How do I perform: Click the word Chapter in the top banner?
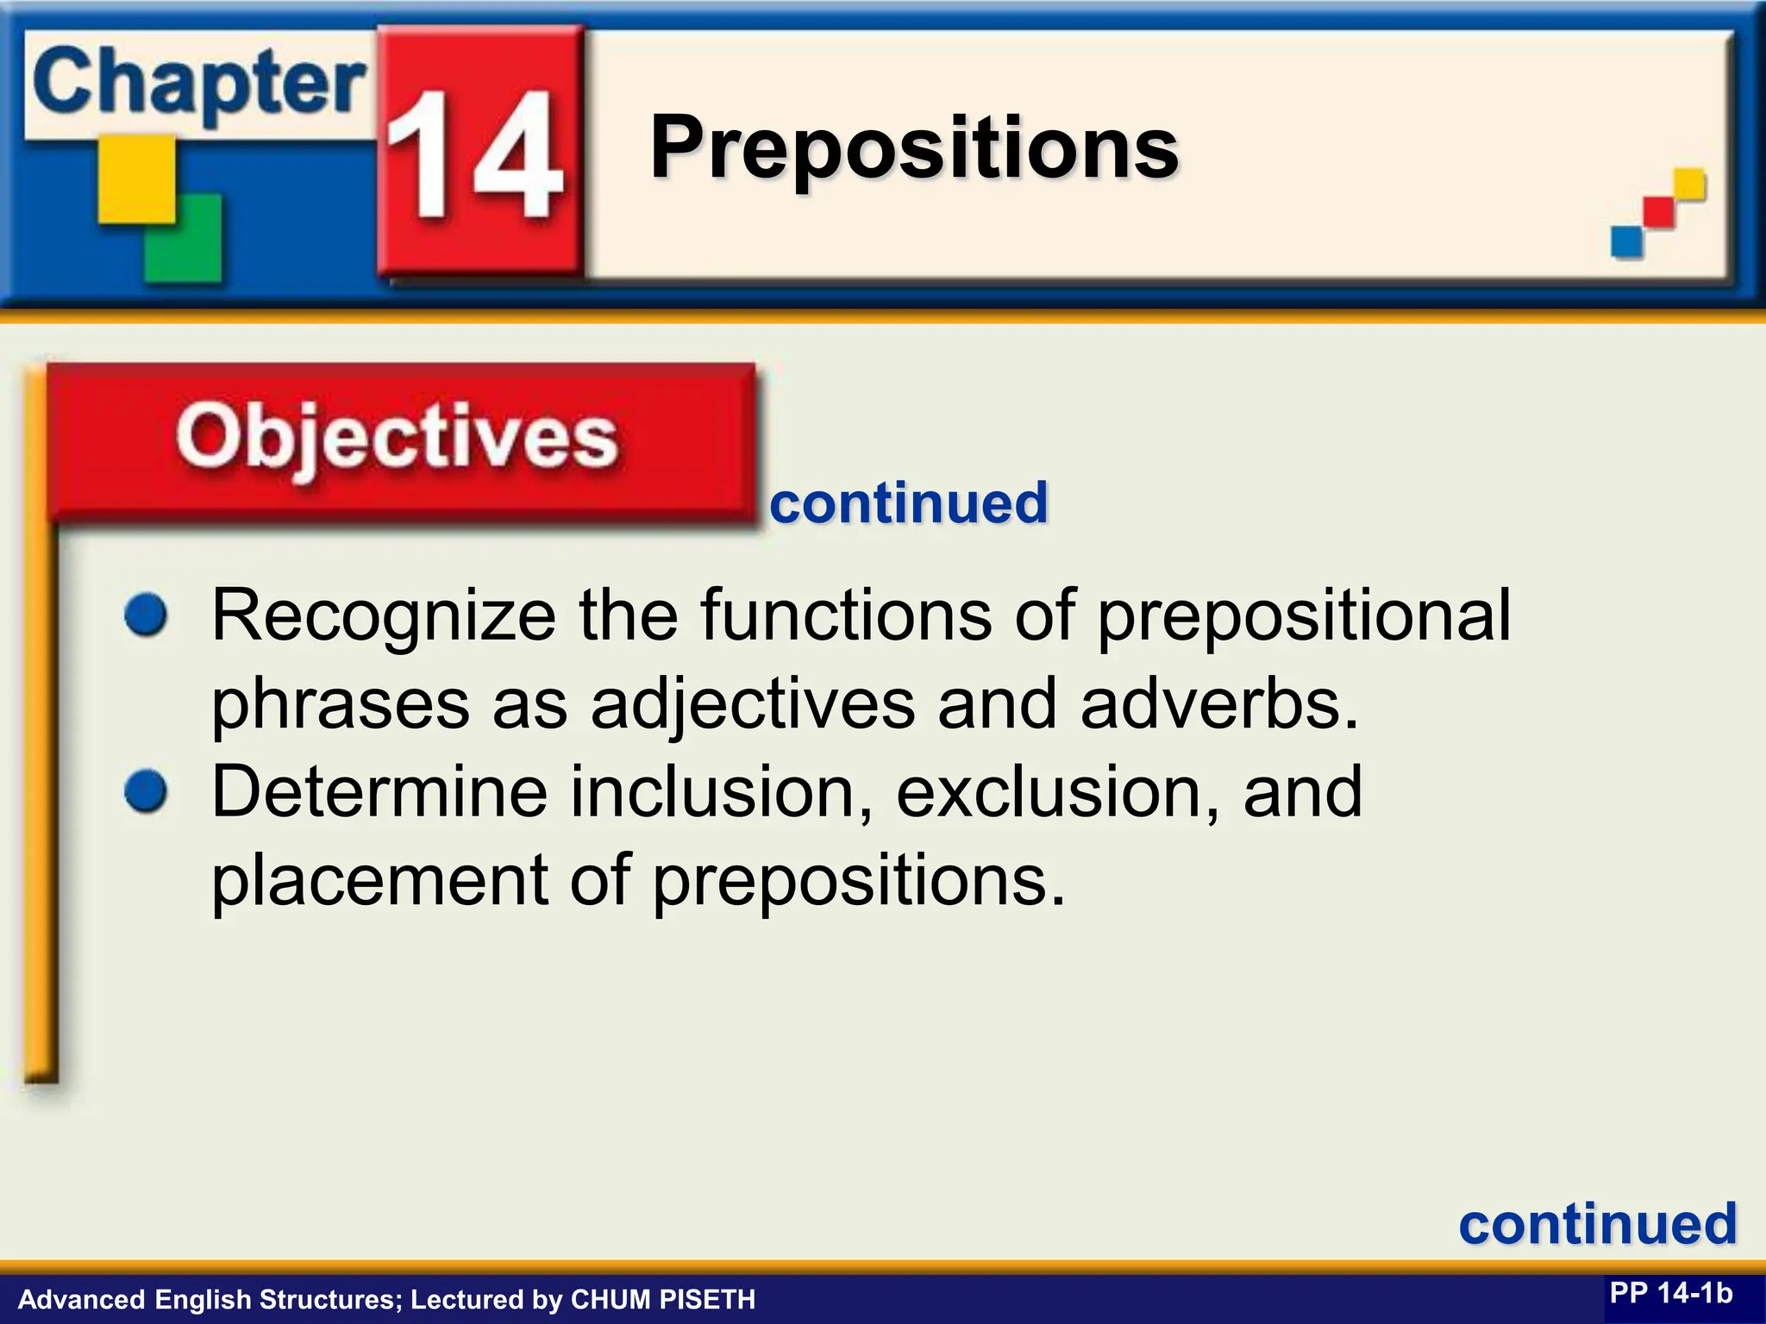198,84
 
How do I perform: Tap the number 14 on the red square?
474,155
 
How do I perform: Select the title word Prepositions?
913,148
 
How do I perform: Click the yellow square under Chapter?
136,179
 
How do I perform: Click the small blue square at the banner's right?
1626,240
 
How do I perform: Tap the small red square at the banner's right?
1658,212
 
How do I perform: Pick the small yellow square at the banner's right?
1689,184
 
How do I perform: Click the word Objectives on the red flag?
397,438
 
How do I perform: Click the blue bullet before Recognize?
146,615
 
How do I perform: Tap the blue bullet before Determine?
146,791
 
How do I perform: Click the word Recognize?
384,615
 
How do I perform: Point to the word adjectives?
752,703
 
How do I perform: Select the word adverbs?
1218,703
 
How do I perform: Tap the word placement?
379,880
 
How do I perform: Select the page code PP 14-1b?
1670,1294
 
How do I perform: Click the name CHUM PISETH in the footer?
662,1299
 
